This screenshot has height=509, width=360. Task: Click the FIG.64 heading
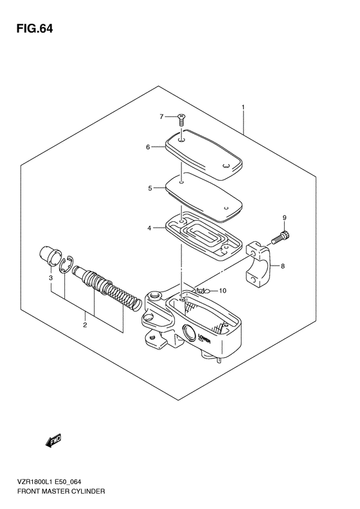click(34, 29)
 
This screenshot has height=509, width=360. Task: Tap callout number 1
click(242, 107)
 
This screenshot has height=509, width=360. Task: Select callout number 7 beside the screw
click(161, 117)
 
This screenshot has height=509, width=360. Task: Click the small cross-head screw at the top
click(181, 120)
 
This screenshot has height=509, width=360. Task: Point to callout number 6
click(148, 147)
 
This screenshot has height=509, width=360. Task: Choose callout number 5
click(150, 189)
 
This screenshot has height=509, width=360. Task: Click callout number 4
click(149, 228)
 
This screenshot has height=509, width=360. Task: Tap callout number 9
click(284, 218)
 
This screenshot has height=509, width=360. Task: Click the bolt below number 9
click(280, 238)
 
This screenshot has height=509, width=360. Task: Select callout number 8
click(283, 266)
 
